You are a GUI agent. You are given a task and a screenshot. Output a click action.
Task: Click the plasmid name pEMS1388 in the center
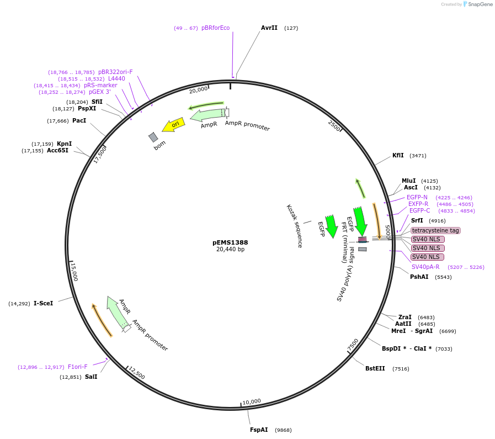(230, 242)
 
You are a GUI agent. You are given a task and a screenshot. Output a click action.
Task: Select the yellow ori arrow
(174, 125)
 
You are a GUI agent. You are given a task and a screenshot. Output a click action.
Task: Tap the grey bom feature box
(153, 137)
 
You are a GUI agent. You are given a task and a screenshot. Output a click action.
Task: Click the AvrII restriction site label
(269, 28)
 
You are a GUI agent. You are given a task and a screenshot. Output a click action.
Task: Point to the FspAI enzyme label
(259, 430)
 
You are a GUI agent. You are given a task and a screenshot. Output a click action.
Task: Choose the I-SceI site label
(43, 303)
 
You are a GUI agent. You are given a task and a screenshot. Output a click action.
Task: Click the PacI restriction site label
(79, 120)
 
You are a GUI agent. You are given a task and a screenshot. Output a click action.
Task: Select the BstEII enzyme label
(375, 368)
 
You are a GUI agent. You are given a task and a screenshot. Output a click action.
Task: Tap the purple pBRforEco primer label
(215, 28)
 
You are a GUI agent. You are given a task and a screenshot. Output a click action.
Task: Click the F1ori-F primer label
(77, 367)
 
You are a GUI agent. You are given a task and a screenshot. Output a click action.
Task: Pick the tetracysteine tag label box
(435, 230)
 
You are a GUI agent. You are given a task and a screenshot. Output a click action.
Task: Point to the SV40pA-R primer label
(425, 267)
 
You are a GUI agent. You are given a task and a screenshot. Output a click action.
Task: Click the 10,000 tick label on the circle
(252, 401)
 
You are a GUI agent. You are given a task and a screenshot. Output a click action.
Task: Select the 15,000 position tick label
(74, 272)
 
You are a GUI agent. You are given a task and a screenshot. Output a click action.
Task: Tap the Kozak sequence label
(294, 226)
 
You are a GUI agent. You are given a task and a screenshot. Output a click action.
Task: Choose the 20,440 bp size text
(230, 250)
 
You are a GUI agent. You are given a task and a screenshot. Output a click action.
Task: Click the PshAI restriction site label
(419, 277)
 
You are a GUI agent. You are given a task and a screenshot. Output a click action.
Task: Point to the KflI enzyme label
(398, 155)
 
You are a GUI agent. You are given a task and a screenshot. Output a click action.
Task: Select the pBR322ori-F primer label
(115, 72)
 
